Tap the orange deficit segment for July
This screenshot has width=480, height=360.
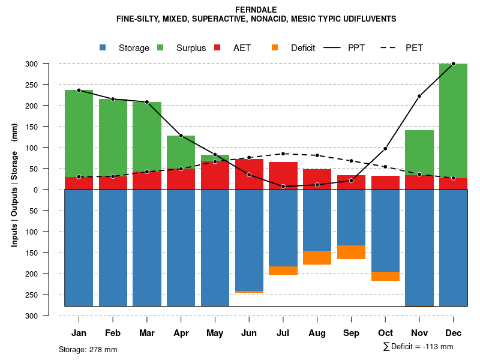click(x=283, y=271)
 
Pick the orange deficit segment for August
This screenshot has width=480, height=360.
click(x=317, y=257)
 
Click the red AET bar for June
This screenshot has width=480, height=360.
click(x=249, y=175)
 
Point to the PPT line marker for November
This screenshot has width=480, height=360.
click(x=419, y=96)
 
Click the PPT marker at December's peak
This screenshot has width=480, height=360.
click(x=453, y=64)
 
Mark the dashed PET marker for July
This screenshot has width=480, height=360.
click(x=283, y=154)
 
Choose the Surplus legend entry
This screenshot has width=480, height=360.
click(x=183, y=48)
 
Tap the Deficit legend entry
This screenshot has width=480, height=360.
click(x=295, y=48)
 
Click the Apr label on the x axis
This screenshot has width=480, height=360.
click(x=181, y=333)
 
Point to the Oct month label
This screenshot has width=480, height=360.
click(x=385, y=333)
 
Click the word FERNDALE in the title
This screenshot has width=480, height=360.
click(x=256, y=10)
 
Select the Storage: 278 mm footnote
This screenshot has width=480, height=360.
click(x=88, y=349)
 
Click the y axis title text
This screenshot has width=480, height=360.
click(x=14, y=190)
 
